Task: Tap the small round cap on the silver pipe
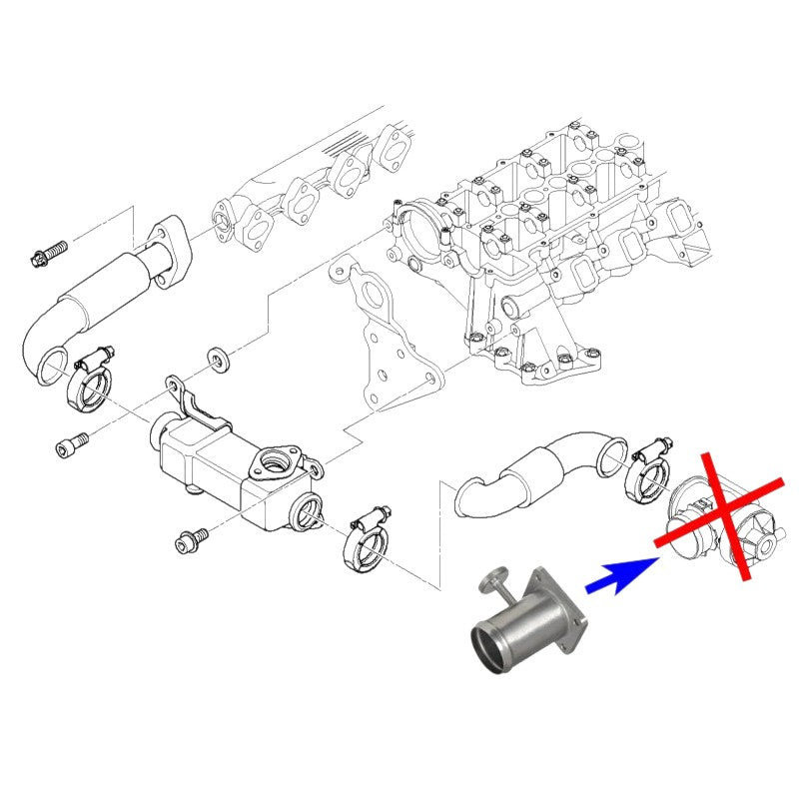point(492,578)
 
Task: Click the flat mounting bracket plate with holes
point(385,340)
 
